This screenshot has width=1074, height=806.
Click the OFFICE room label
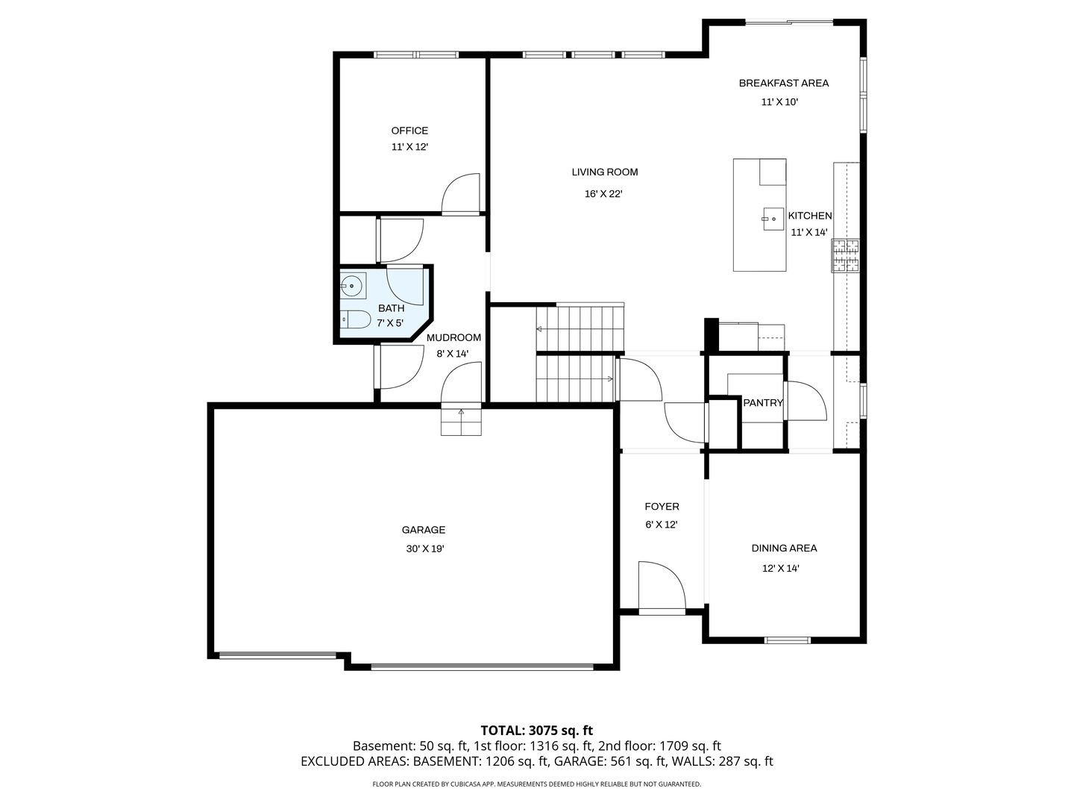click(x=409, y=131)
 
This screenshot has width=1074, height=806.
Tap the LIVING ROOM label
click(x=604, y=172)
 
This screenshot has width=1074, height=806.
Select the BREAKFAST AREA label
click(x=783, y=83)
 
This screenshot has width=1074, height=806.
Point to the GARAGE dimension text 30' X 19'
click(x=424, y=549)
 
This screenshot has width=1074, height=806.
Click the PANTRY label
click(x=763, y=403)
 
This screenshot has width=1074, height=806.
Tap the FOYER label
click(x=662, y=507)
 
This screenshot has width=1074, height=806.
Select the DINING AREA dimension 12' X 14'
click(x=780, y=568)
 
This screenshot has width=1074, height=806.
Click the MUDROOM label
click(x=453, y=337)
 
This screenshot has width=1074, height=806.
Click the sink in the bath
click(x=351, y=284)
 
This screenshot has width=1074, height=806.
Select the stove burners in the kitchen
click(x=846, y=255)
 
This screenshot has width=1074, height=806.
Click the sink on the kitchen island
click(x=773, y=219)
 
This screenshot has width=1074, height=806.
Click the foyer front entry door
click(x=662, y=587)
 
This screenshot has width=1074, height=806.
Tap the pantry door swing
click(x=805, y=401)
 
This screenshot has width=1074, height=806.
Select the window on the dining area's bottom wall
click(x=787, y=640)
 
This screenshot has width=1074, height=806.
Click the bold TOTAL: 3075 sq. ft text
click(x=536, y=730)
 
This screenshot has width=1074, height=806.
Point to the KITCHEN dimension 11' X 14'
click(x=809, y=232)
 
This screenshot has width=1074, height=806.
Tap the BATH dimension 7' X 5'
click(x=390, y=323)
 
